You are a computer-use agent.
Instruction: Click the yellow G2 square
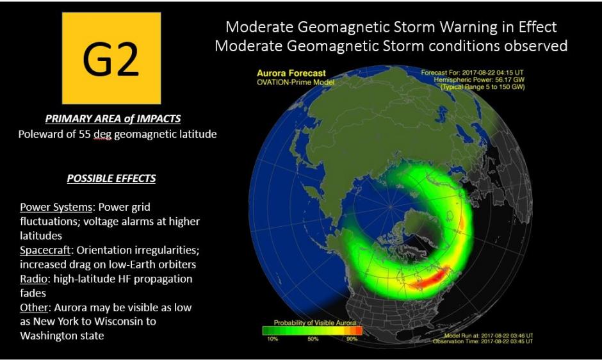111,58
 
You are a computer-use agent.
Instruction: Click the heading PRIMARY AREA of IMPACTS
112,119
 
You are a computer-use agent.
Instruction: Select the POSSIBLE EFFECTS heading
111,178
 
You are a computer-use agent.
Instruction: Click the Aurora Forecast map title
291,73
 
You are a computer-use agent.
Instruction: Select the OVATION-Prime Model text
295,82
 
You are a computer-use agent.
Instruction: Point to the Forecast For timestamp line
473,72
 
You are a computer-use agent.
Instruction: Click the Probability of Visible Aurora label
312,322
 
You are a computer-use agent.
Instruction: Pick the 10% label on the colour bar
272,339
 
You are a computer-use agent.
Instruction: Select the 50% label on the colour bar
313,339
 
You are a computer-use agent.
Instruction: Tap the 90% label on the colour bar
352,339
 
